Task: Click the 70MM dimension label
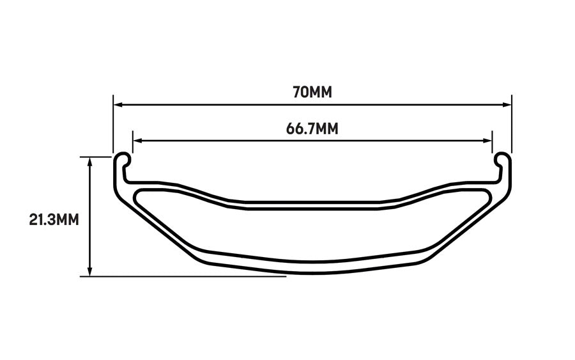tap(312, 92)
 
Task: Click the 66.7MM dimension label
tap(312, 129)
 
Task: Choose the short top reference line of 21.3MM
tap(96, 156)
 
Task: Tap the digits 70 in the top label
tap(300, 92)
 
